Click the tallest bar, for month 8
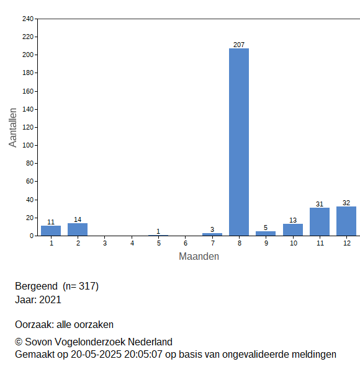point(239,142)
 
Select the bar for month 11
point(320,222)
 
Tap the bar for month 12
point(346,221)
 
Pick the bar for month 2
point(78,229)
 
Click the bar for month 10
point(293,230)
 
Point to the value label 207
point(239,45)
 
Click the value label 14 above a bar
point(78,219)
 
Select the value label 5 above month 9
point(266,228)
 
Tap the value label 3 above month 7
point(212,229)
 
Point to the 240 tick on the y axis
point(28,19)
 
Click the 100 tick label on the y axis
point(28,145)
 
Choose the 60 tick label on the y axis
point(30,181)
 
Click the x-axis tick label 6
point(186,243)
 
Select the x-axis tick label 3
point(105,243)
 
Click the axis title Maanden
point(199,257)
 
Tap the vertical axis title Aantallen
point(13,128)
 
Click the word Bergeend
point(37,286)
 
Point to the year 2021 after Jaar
point(50,299)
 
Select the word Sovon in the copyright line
point(38,342)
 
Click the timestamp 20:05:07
point(143,355)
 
